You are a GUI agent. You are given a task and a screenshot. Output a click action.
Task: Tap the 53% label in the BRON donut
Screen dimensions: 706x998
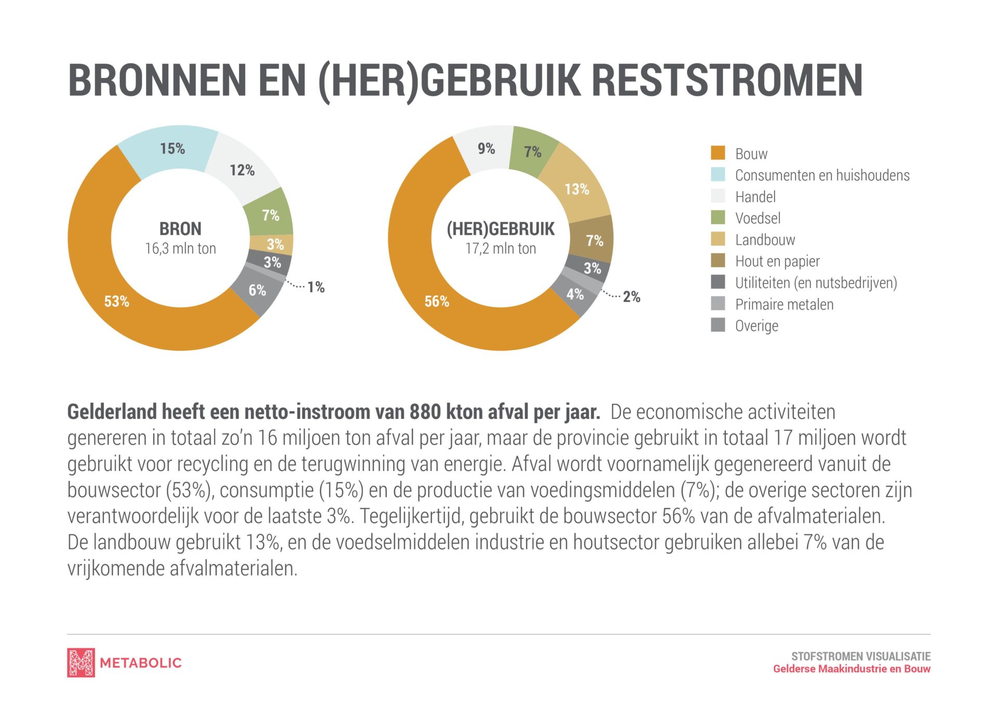click(116, 302)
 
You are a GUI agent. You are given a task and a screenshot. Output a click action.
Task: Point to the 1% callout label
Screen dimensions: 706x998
click(316, 287)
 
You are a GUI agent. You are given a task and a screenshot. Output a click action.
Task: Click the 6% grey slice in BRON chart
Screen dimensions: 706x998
click(257, 290)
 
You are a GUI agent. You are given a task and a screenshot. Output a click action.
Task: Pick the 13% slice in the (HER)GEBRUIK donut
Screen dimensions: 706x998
click(576, 189)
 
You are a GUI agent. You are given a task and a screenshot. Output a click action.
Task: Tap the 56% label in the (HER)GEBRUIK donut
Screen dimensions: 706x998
click(437, 302)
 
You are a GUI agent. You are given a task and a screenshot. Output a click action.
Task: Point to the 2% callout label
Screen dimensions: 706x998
click(631, 297)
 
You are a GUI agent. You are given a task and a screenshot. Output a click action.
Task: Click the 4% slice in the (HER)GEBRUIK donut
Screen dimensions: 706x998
click(574, 295)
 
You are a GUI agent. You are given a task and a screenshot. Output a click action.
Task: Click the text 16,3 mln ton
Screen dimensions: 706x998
click(180, 249)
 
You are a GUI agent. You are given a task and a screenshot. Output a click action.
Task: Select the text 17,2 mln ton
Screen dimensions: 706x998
click(501, 249)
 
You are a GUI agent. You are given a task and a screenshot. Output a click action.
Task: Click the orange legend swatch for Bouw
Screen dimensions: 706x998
click(718, 153)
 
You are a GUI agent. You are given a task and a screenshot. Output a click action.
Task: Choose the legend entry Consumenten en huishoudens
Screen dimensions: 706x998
click(822, 175)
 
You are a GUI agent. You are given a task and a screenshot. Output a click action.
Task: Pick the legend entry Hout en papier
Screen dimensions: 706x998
click(777, 261)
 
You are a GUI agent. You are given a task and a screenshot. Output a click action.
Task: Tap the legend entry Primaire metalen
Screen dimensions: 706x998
click(784, 304)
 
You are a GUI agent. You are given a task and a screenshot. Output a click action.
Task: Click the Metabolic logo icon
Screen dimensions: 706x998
click(81, 662)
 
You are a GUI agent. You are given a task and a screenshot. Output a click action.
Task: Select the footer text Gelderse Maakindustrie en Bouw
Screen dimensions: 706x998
click(851, 669)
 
